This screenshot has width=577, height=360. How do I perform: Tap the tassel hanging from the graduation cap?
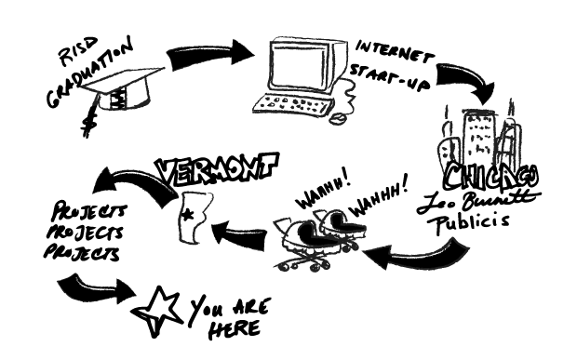coord(90,116)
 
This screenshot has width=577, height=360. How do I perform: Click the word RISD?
coord(78,51)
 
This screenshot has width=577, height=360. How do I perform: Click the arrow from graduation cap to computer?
coord(209,56)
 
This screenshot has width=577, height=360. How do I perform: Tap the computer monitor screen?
coord(298,65)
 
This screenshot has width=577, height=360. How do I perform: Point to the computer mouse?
coord(338,118)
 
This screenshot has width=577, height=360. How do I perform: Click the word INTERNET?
coord(394,51)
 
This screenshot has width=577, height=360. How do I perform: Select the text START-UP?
coord(389,77)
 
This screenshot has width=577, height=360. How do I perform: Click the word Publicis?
coord(472,222)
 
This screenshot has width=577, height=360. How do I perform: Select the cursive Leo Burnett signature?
coord(478,202)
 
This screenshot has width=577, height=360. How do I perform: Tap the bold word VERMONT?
coord(218,167)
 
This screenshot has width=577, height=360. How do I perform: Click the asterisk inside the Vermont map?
coord(188,214)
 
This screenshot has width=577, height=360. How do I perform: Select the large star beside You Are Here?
coord(157,311)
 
